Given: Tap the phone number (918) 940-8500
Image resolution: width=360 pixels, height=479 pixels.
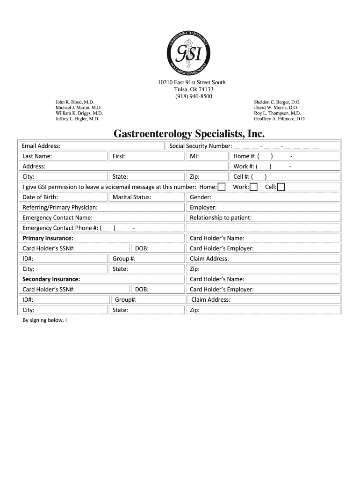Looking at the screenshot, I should (x=192, y=96).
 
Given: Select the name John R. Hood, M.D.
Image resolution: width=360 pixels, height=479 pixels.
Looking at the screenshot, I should (x=75, y=102).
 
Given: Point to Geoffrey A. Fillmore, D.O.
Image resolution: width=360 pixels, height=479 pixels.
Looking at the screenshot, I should (x=280, y=119).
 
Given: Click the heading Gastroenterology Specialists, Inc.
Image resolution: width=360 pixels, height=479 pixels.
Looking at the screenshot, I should (x=189, y=134).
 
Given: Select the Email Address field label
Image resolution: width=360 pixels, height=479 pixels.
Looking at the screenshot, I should (x=41, y=146).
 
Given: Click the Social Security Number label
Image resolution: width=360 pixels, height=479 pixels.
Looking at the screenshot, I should (x=201, y=146).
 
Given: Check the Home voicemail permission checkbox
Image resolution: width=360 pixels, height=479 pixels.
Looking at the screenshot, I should (x=222, y=187).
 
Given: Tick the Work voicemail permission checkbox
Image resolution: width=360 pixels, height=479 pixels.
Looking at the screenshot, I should (x=253, y=187).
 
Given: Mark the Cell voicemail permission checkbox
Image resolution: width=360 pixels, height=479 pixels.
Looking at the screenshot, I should (x=281, y=187).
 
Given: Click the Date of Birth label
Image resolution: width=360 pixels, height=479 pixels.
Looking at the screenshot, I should (x=40, y=197).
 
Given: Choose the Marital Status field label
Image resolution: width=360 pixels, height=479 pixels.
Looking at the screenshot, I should (x=132, y=197).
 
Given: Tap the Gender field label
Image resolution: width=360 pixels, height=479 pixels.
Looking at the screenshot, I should (x=201, y=197).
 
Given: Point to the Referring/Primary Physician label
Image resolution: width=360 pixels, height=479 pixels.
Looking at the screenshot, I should (x=60, y=208).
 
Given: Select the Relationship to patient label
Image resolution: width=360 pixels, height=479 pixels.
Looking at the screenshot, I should (x=221, y=218).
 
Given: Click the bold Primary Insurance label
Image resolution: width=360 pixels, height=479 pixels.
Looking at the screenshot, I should (x=48, y=239).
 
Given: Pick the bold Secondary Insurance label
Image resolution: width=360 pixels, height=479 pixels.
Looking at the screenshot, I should (x=51, y=279).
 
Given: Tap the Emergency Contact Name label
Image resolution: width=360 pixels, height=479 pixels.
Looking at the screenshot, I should (x=58, y=218).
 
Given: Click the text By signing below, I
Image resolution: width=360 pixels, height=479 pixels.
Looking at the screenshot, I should (x=45, y=320).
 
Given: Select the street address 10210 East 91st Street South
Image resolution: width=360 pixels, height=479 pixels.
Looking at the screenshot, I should (x=192, y=82).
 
